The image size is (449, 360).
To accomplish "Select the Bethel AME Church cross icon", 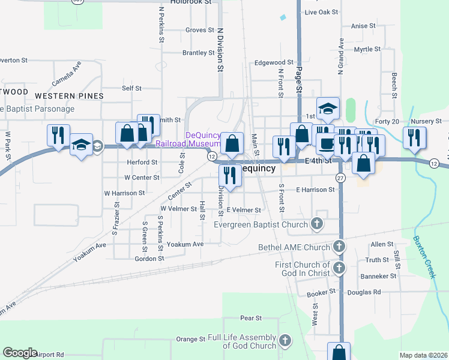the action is coord(339,247).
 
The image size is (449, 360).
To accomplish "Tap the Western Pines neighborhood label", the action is coord(69,96).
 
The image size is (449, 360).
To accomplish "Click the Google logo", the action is coord(20,353).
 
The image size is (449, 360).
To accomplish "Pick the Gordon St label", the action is coord(149,259).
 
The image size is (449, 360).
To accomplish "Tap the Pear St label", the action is coord(250,318).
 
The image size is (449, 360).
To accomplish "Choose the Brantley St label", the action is coord(198,53).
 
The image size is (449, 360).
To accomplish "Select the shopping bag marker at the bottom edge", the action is coord(339,352).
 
